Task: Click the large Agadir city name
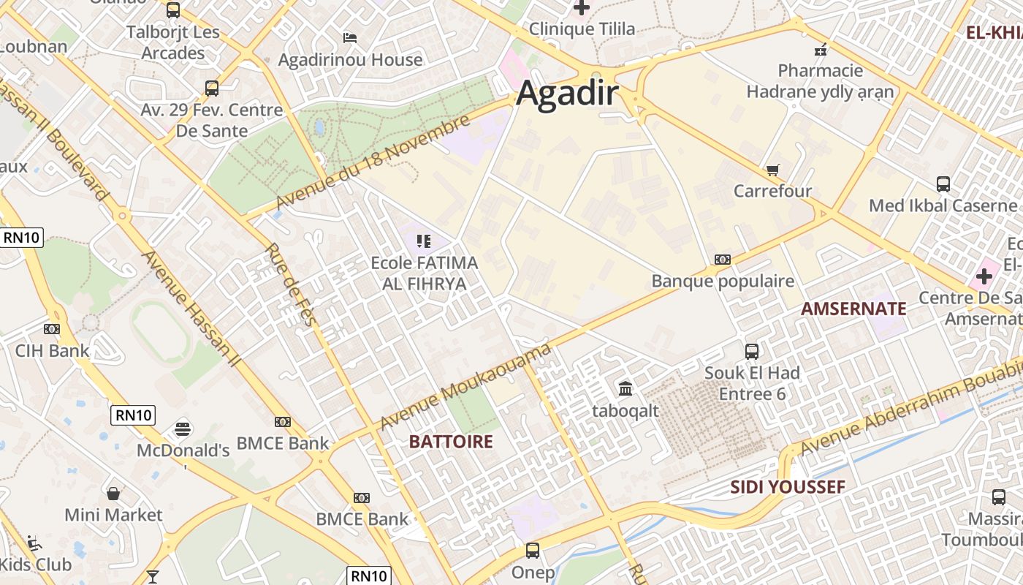point(568,95)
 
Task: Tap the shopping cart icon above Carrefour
point(772,170)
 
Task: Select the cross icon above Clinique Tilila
point(582,8)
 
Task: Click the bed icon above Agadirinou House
point(350,37)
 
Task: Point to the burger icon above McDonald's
point(183,428)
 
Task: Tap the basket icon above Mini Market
point(113,494)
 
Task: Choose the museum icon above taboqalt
point(625,388)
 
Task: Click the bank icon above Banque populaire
point(722,260)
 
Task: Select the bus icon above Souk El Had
point(751,351)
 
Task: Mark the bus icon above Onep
point(533,551)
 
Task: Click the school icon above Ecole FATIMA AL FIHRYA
point(423,241)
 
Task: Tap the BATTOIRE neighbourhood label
point(451,442)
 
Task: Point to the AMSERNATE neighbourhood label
point(853,309)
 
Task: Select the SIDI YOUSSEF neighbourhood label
point(788,487)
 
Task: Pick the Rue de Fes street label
point(291,284)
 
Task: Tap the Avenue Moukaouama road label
point(465,388)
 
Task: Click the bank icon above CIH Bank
point(52,329)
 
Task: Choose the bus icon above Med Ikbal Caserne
point(943,184)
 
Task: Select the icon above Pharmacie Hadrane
point(820,50)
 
